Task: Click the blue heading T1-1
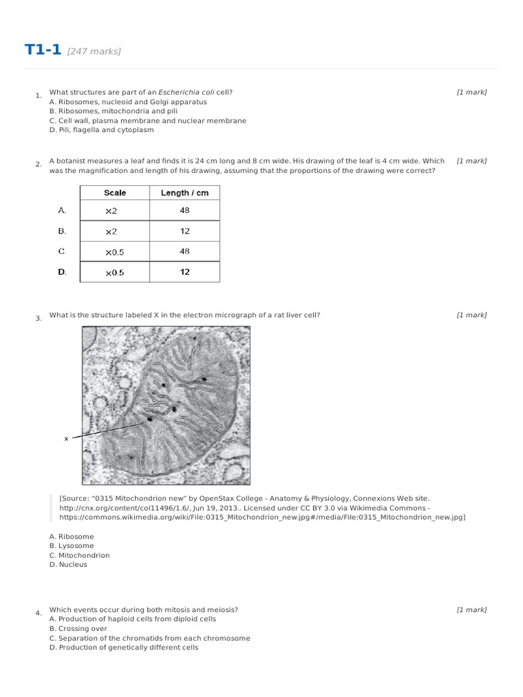(43, 50)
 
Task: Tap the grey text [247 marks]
(94, 52)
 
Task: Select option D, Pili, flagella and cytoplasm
(101, 130)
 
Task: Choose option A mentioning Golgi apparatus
(128, 102)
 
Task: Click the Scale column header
(114, 193)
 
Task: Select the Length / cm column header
(185, 193)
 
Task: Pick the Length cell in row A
(185, 211)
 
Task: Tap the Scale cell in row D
(114, 272)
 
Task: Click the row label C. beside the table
(62, 251)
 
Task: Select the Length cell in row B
(185, 231)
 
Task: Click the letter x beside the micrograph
(66, 439)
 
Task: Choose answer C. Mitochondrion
(79, 555)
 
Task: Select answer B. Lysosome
(72, 546)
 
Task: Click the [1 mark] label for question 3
(471, 315)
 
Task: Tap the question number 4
(38, 613)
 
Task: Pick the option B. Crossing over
(78, 629)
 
